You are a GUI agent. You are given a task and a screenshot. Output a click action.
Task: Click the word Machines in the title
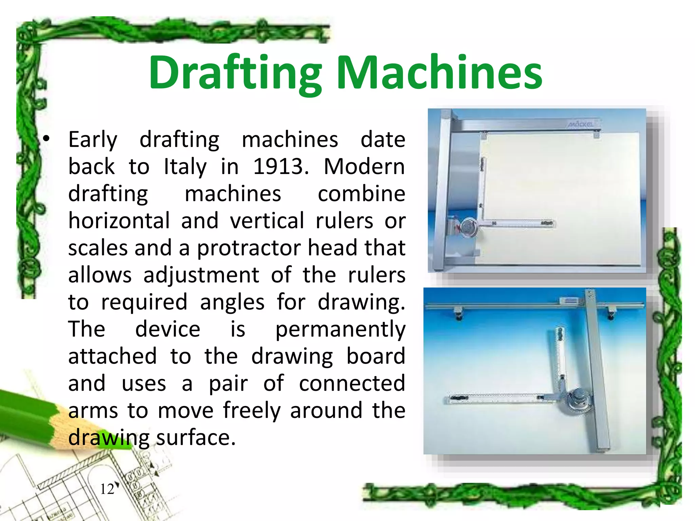439,73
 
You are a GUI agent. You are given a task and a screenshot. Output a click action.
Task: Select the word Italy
185,167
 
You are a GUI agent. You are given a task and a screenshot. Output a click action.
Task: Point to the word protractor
249,248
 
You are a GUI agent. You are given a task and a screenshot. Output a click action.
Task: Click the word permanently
340,329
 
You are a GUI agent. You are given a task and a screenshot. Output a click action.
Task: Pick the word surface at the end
196,438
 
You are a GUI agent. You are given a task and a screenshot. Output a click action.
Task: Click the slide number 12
107,489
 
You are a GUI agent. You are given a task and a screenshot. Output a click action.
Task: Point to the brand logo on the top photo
581,124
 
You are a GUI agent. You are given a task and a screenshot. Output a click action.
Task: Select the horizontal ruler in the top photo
519,223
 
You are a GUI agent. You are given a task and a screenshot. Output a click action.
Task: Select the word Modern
364,167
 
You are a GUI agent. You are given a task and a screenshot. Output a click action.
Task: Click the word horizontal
119,221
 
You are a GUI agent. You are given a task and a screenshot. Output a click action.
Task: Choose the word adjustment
201,275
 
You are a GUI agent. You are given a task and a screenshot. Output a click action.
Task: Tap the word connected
352,383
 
